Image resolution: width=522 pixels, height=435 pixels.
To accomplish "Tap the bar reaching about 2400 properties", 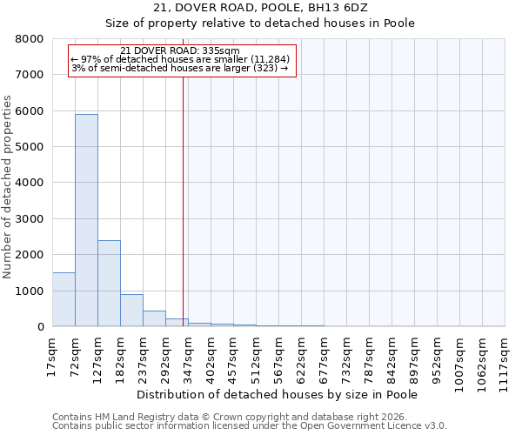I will point(109,283).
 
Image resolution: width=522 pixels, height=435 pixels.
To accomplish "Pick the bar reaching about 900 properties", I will point(131,311).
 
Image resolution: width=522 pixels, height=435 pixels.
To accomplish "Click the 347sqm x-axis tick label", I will point(188,358).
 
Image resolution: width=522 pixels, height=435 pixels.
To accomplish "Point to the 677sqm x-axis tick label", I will point(324,358).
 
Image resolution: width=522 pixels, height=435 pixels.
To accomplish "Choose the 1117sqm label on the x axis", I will point(505,360).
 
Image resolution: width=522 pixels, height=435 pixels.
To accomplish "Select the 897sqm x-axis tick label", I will point(414,358).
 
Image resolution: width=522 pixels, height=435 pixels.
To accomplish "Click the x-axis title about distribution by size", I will point(278,395).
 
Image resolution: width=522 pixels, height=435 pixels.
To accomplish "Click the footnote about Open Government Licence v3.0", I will point(250,426).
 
